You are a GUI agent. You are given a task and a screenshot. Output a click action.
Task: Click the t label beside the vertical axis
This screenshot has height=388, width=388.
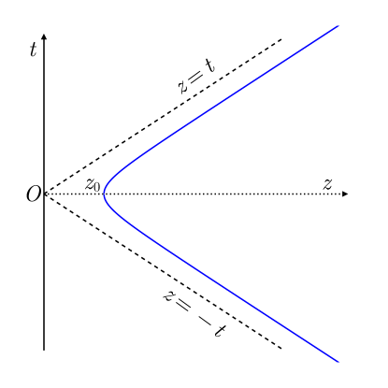point(34,50)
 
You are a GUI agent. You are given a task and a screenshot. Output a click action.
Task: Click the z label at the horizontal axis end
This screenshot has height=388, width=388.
point(328,183)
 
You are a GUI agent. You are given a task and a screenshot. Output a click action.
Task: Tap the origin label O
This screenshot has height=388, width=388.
point(33,194)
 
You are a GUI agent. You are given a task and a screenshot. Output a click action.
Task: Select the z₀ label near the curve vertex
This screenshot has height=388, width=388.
point(93,184)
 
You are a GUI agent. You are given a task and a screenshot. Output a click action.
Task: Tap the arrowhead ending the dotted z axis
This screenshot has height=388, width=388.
point(346,194)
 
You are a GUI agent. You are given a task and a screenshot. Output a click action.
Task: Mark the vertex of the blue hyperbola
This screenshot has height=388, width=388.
point(103,194)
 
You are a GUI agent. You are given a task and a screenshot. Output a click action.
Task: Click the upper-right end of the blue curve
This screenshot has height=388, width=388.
point(337,25)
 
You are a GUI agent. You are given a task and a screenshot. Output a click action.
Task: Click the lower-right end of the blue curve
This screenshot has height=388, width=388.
point(337,362)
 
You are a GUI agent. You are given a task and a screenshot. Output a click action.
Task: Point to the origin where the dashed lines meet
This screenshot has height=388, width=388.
point(45,194)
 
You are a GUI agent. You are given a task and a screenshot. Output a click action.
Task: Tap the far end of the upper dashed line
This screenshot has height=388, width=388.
point(281,39)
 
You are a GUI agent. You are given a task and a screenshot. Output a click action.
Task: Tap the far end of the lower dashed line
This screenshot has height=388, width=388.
point(281,348)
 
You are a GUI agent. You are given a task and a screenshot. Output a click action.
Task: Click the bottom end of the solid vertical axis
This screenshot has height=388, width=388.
point(45,349)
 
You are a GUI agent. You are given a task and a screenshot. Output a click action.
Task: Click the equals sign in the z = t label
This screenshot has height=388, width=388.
point(195,77)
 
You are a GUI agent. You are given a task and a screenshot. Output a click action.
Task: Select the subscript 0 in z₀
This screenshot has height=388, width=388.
point(96,187)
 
